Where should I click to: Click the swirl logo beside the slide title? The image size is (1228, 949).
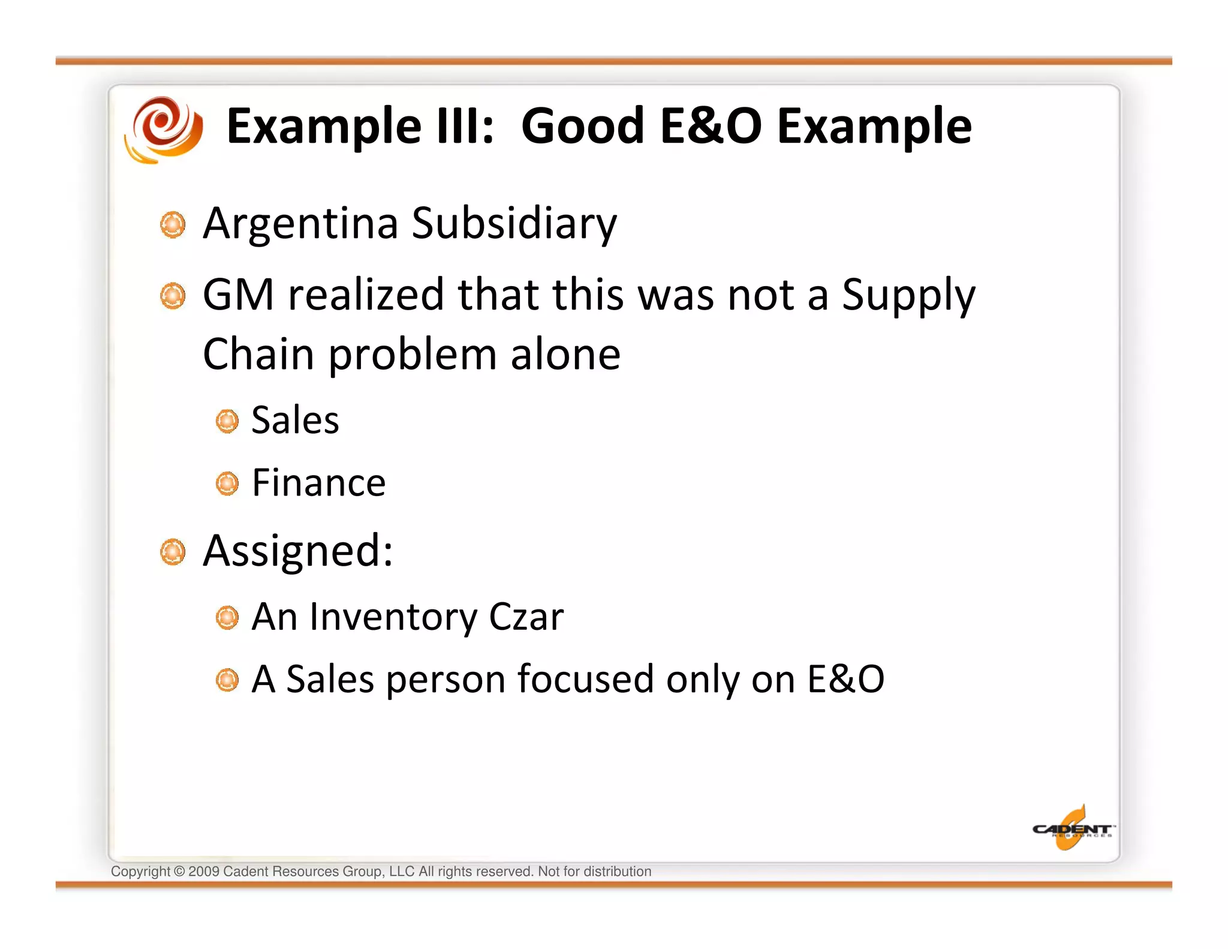coord(164,128)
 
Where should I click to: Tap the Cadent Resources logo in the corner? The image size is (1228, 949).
coord(1072,829)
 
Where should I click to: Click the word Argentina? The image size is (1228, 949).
coord(300,223)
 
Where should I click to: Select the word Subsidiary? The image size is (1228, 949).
coord(514,223)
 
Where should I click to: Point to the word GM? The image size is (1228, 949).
coord(238,295)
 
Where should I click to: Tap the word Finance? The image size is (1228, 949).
coord(318,482)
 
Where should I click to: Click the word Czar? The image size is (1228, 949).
coord(526,617)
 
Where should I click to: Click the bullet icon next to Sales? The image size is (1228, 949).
coord(227,421)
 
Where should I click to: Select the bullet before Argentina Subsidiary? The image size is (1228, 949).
coord(173,225)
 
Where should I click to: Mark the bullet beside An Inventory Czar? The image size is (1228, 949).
coord(227,618)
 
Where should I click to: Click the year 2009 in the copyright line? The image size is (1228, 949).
coord(203,872)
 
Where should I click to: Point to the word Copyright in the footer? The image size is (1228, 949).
coord(140,872)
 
